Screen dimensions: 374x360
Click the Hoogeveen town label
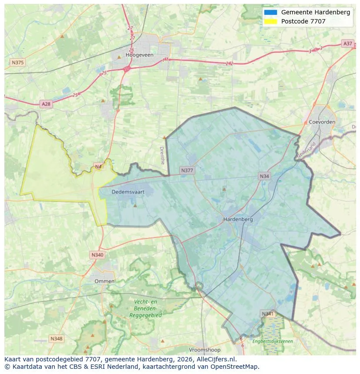(137, 55)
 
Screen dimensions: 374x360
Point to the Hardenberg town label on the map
(238, 219)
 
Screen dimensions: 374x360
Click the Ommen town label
(104, 281)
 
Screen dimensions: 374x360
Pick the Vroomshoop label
(204, 350)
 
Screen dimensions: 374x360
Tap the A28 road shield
(46, 104)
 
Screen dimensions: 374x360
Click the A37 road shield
(347, 43)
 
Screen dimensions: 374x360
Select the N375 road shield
(18, 63)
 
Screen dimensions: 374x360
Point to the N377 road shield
(187, 170)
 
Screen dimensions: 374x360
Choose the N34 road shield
(264, 176)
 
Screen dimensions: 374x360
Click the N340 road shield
(97, 255)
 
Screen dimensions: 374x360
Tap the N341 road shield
(268, 313)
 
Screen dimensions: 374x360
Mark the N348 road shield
(56, 338)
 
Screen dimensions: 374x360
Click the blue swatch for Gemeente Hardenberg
(270, 12)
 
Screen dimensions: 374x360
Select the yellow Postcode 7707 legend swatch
(270, 21)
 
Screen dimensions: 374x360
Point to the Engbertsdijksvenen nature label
(273, 341)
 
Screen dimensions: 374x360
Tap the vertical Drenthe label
(163, 155)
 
